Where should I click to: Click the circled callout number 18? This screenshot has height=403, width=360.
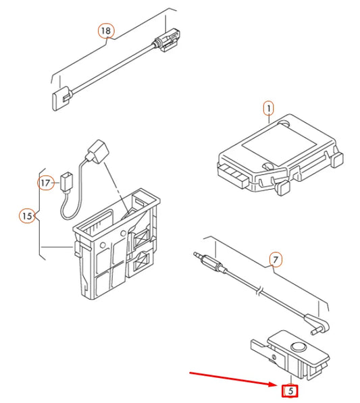coord(106,31)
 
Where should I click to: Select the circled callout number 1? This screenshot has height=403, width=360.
coord(269,109)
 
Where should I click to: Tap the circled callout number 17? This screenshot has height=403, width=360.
coord(46,183)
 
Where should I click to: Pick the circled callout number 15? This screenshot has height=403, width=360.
coord(27,216)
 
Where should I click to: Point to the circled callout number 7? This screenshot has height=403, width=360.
coord(276,260)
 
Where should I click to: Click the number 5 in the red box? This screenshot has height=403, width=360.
coord(290,391)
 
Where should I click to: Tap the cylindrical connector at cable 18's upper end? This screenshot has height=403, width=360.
coord(167,40)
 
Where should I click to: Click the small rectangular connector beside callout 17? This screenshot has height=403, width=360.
coord(66,183)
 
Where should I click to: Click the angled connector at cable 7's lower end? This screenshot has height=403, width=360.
coord(317,324)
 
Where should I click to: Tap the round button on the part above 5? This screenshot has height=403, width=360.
coord(299,347)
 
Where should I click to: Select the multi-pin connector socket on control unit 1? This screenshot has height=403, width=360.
coord(232,175)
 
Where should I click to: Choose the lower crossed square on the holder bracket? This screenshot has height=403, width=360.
coord(142,261)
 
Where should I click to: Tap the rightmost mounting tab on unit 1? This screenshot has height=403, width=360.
coord(337,159)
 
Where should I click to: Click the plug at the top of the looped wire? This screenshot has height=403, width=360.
coord(98,152)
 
